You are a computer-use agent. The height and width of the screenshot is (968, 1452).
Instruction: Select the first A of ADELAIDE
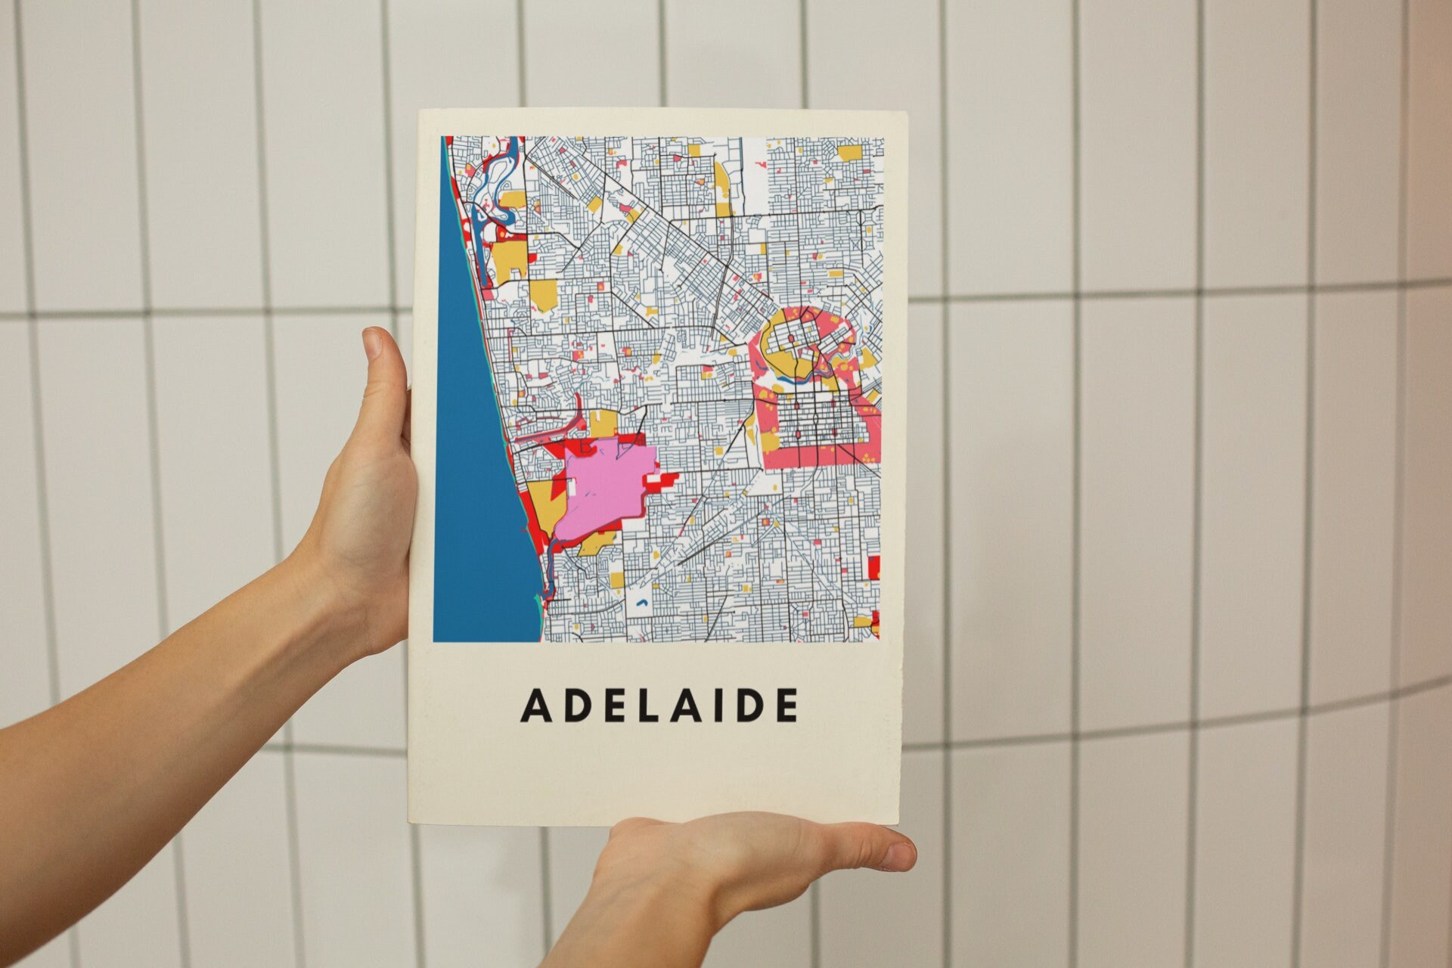pos(535,706)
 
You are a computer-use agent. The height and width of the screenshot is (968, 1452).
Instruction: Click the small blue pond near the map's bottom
pos(642,603)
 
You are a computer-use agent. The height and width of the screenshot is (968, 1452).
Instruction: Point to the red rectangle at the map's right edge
pos(874,567)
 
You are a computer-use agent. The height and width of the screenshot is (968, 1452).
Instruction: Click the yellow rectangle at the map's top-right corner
pos(850,153)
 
